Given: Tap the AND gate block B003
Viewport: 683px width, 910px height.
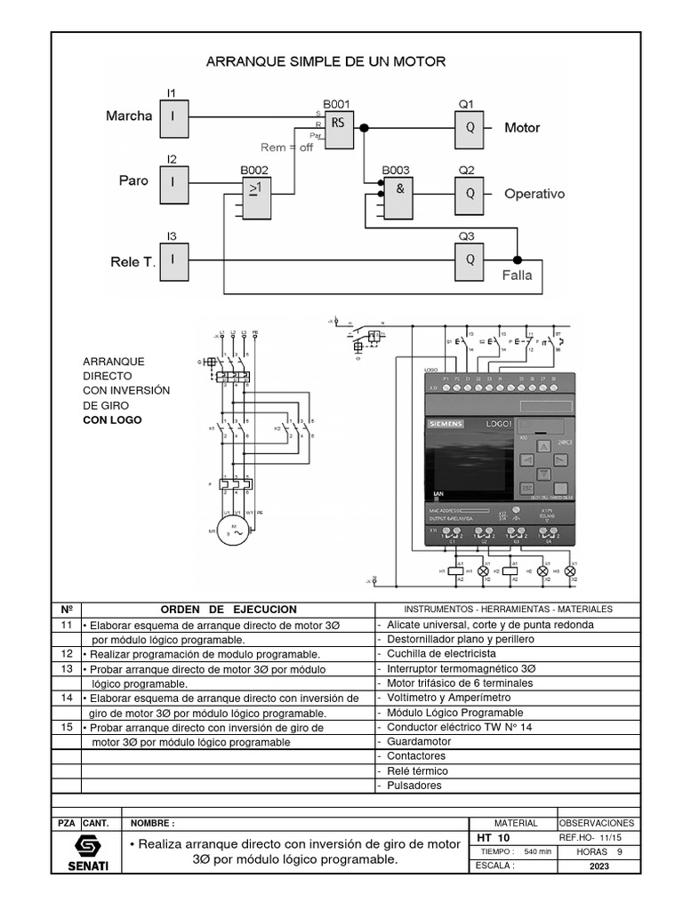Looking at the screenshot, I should [x=399, y=193].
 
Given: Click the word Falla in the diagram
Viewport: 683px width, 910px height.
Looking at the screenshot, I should [x=517, y=275].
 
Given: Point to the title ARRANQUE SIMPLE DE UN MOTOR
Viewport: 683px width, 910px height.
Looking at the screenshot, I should [x=325, y=62].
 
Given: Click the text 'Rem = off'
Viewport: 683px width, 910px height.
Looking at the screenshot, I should [x=286, y=148].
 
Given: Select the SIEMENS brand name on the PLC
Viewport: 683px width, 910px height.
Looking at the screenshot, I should [x=446, y=426].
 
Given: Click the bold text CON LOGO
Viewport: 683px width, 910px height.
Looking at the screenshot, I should [x=112, y=420].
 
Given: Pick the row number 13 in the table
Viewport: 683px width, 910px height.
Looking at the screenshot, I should [x=66, y=668].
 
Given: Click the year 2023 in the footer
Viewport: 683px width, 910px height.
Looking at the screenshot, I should [x=599, y=866].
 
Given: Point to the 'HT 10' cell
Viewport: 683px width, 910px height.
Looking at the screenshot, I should [x=493, y=838].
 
